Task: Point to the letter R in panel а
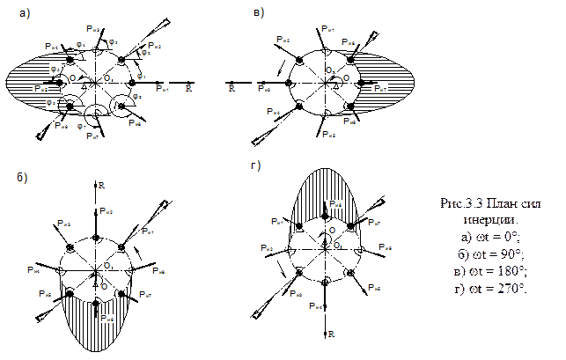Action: click(188, 89)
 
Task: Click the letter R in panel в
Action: click(232, 89)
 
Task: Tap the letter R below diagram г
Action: click(332, 335)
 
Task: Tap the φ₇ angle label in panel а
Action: click(81, 133)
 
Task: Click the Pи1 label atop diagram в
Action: click(327, 29)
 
